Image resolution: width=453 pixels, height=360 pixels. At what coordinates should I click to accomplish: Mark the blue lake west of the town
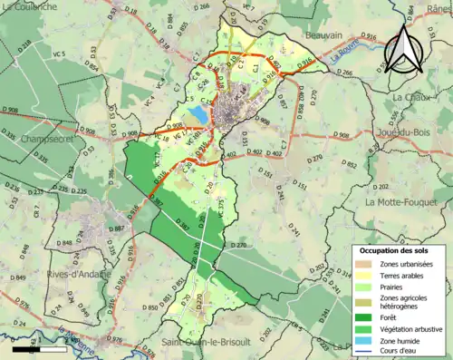tap(198, 114)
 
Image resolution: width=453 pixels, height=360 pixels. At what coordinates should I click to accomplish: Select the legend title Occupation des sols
tap(397, 250)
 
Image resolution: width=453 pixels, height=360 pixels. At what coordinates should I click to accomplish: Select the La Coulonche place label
tap(35, 5)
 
